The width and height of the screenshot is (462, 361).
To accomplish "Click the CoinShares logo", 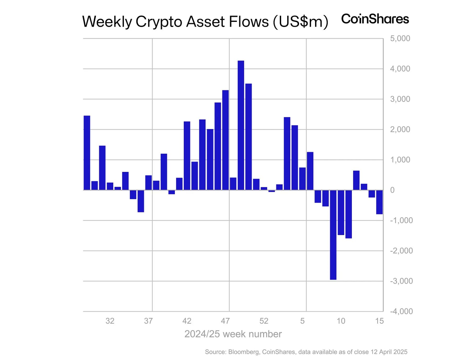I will point(375,19).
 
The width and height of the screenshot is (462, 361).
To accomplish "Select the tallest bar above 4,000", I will point(241,125).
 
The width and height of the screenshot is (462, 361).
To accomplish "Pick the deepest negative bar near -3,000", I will point(333,235).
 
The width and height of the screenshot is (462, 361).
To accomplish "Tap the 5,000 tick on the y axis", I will point(400,39).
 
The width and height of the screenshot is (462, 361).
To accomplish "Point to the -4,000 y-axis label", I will point(401,311).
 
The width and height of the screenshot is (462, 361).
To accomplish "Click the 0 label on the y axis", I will point(392,190).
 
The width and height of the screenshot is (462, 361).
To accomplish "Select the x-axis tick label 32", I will point(110,321).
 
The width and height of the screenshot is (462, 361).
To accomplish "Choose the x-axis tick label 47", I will point(225,321).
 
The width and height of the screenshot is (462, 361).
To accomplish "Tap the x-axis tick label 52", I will point(264,321).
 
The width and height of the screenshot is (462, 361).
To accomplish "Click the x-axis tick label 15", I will point(379,321).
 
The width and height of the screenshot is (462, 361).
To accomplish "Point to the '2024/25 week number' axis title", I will point(233,334).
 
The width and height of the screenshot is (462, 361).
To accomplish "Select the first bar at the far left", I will point(87,153).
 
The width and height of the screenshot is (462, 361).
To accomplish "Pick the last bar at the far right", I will point(379,202).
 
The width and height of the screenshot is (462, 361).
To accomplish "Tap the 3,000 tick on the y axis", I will point(400,99).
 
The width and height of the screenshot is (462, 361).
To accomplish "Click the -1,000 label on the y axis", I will point(401,220).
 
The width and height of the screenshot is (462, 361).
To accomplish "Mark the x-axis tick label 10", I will point(341,321).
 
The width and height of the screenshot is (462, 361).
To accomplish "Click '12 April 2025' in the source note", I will point(389,352).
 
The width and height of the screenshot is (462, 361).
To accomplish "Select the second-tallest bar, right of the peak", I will point(248,137).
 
